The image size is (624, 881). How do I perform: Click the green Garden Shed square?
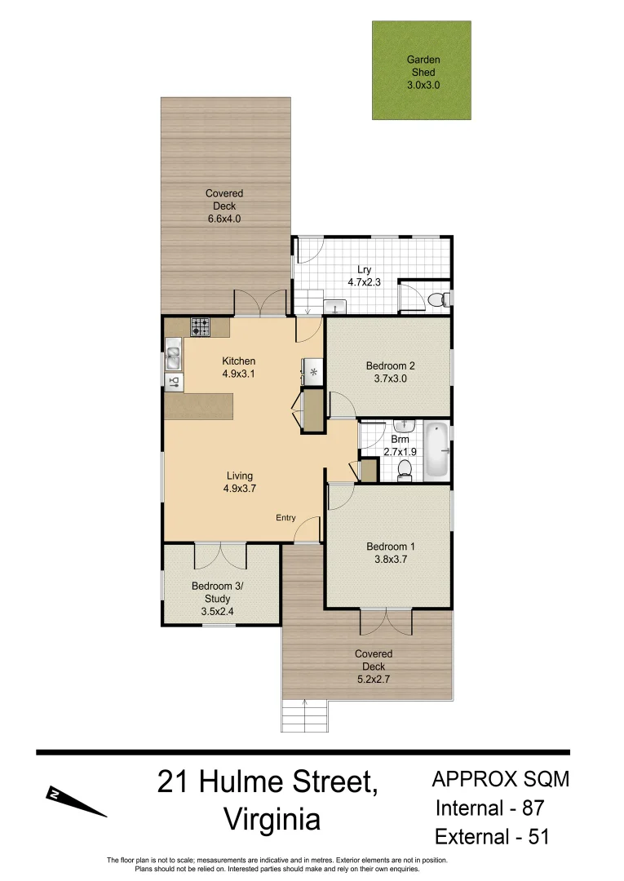click(421, 70)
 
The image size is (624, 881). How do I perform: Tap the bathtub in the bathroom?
click(437, 449)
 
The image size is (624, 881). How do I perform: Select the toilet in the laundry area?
click(438, 299)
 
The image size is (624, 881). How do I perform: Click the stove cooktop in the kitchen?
click(200, 327)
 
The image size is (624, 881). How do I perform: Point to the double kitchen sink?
click(173, 356)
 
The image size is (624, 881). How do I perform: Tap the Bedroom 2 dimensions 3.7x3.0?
click(396, 379)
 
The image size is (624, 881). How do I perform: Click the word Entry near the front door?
click(285, 518)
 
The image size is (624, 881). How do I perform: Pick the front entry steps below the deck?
click(304, 717)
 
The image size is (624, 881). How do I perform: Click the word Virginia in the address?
click(272, 819)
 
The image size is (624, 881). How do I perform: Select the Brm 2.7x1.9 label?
click(400, 444)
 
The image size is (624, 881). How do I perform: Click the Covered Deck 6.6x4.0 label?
click(224, 206)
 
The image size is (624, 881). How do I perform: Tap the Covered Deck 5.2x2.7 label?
click(374, 666)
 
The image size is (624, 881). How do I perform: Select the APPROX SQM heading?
click(499, 779)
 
